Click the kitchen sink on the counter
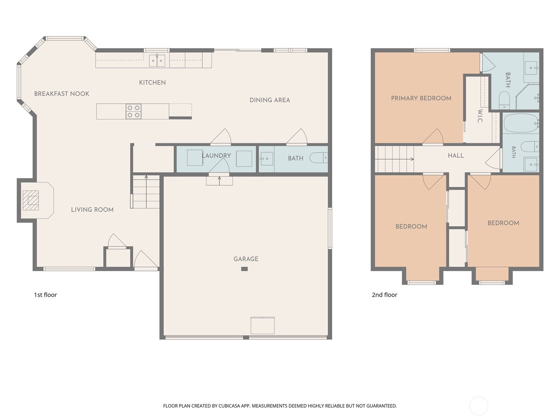(x=157, y=61)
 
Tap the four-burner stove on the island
(x=133, y=111)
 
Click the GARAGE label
(x=246, y=259)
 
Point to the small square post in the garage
(x=244, y=269)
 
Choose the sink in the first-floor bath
(x=267, y=159)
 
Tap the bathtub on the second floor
(x=521, y=123)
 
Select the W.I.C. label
(x=480, y=116)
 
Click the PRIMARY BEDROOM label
(x=421, y=98)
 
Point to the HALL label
(x=456, y=155)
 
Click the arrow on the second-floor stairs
(x=394, y=159)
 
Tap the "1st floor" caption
(x=45, y=295)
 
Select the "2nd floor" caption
(x=384, y=295)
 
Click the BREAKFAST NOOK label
(x=62, y=94)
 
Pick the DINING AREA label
(x=269, y=100)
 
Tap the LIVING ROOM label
(x=92, y=210)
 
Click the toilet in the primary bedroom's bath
(x=504, y=100)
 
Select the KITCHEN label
(x=152, y=83)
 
